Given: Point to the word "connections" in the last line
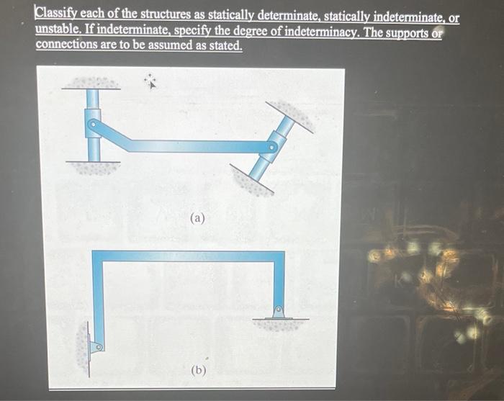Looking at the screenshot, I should coord(67,45).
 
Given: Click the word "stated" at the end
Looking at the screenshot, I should coord(225,45).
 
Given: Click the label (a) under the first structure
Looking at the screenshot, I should coord(199,218).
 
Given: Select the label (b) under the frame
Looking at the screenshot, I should coord(199,371).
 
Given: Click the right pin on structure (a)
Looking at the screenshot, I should coord(271,148).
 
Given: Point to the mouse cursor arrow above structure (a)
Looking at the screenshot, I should coord(152,82).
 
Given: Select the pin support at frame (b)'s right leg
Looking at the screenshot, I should coord(278,312).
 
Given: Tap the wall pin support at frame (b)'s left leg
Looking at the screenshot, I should coord(95,346).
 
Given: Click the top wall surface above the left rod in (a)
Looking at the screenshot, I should coord(92,83).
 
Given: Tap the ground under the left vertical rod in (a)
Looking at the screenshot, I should coord(92,168).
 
